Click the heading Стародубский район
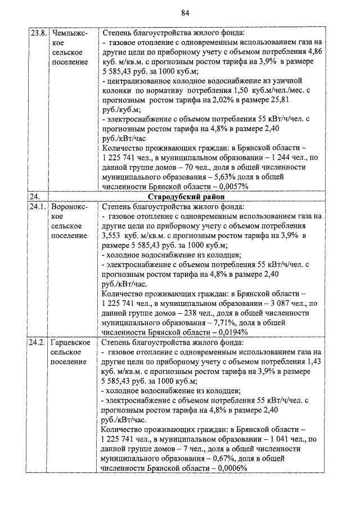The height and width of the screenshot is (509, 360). [185, 197]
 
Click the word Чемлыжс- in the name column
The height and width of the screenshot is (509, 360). [69, 33]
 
